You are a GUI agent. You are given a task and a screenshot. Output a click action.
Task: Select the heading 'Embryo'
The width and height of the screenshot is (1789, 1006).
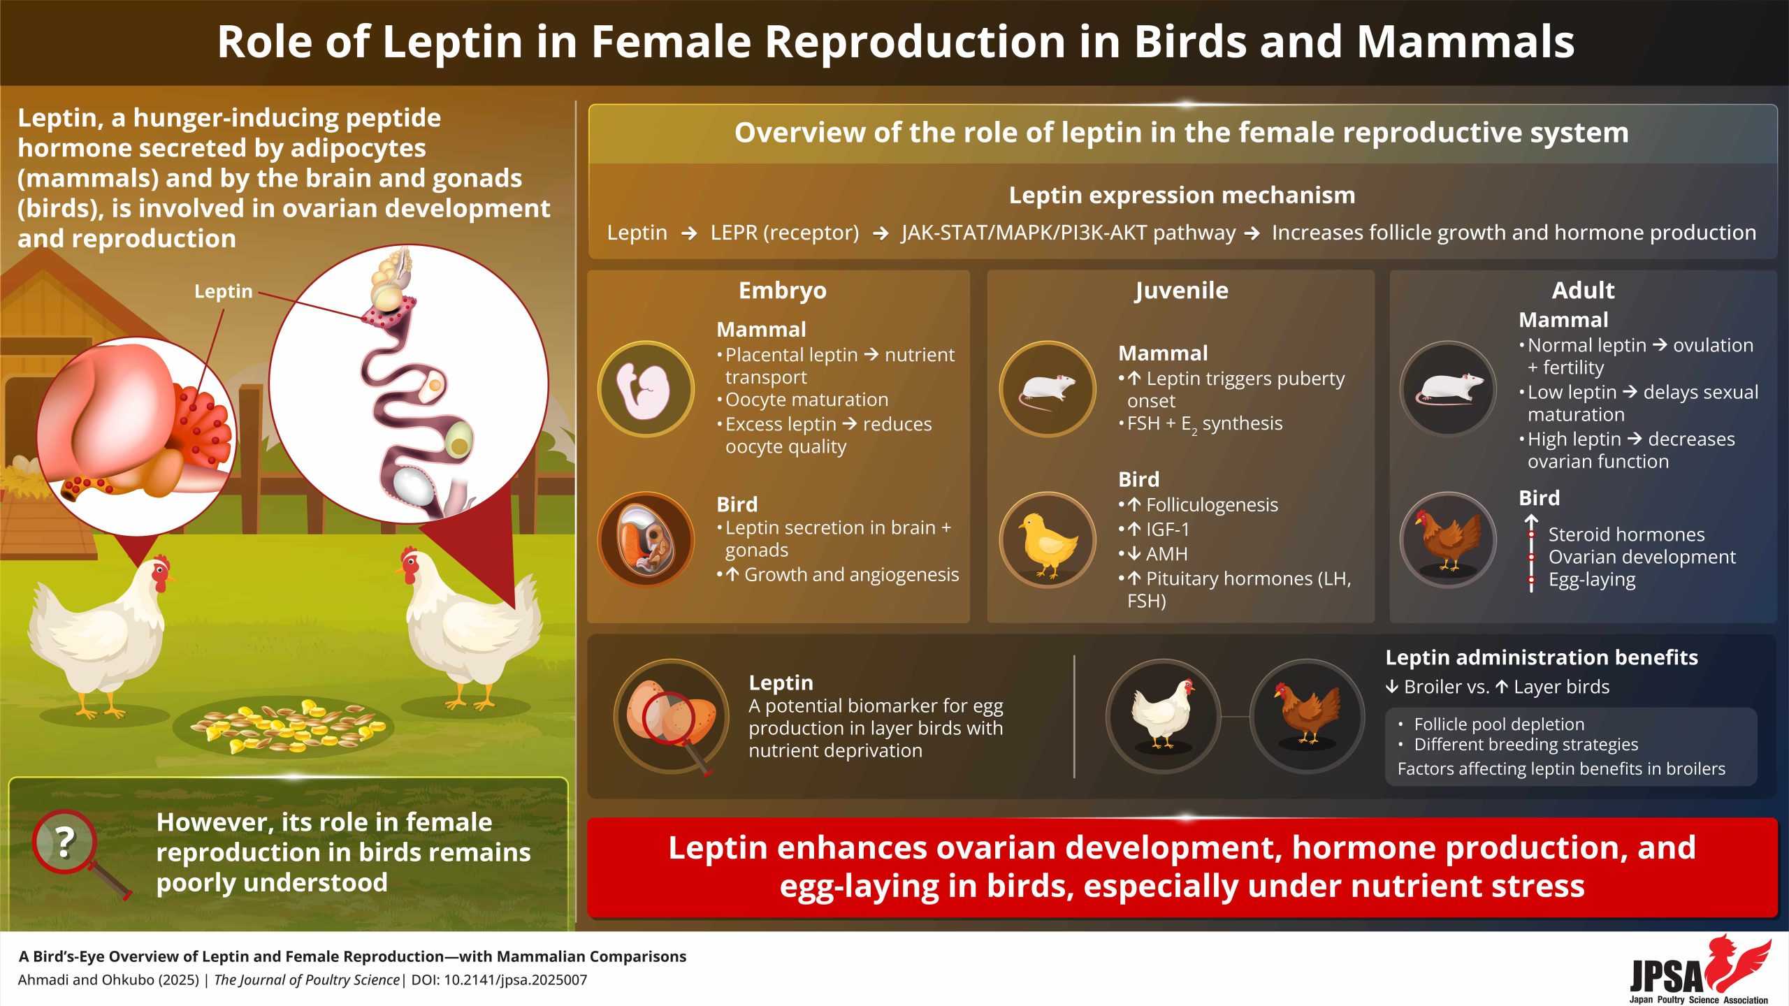pyautogui.click(x=782, y=291)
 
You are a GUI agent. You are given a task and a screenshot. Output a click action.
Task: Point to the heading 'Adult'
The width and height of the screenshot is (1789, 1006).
pyautogui.click(x=1583, y=291)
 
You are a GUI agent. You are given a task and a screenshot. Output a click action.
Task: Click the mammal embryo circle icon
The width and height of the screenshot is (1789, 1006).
pyautogui.click(x=646, y=389)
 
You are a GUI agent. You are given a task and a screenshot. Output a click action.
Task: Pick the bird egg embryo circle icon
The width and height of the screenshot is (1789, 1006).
pyautogui.click(x=646, y=540)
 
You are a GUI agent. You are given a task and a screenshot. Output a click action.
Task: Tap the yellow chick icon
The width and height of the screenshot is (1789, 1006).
pyautogui.click(x=1048, y=540)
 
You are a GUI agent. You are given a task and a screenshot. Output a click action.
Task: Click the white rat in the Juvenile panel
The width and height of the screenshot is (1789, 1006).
pyautogui.click(x=1048, y=389)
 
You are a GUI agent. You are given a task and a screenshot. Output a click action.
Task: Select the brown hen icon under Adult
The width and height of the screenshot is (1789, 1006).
pyautogui.click(x=1449, y=540)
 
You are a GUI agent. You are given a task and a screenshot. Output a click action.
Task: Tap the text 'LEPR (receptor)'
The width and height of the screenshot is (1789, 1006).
pyautogui.click(x=785, y=233)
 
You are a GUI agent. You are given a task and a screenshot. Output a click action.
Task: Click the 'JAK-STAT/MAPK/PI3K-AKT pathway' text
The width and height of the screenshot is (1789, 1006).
pyautogui.click(x=1069, y=233)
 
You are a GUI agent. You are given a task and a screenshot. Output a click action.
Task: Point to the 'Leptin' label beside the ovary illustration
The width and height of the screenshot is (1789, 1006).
pyautogui.click(x=223, y=291)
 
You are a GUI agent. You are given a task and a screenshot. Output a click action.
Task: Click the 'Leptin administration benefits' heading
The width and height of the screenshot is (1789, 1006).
pyautogui.click(x=1542, y=657)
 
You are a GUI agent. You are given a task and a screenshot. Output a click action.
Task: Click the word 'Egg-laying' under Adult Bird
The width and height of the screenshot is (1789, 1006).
pyautogui.click(x=1592, y=581)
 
